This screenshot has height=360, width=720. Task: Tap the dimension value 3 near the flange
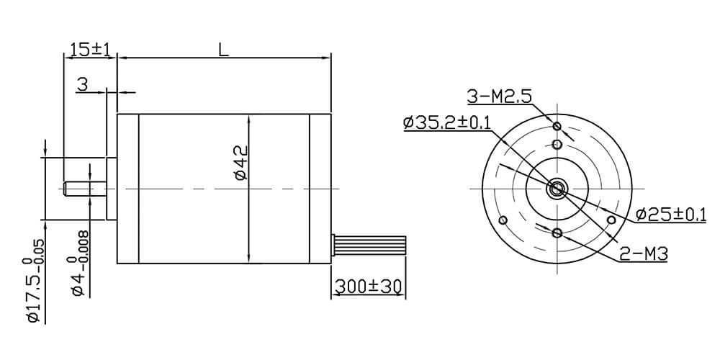point(82,85)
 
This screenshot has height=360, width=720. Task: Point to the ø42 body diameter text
point(240,164)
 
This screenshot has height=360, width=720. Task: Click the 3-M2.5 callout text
point(500,96)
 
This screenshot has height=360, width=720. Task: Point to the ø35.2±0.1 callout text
point(447,122)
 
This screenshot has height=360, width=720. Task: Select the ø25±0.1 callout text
point(671,214)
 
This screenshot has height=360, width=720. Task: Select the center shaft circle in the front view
point(557,189)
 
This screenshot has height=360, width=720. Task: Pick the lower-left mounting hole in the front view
point(503,220)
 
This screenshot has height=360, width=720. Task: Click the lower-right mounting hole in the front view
point(611,220)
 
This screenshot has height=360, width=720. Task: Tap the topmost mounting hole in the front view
point(557,127)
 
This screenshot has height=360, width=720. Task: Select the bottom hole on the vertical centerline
point(557,233)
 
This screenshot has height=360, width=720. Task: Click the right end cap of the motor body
point(320,189)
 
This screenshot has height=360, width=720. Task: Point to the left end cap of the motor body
point(127,189)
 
